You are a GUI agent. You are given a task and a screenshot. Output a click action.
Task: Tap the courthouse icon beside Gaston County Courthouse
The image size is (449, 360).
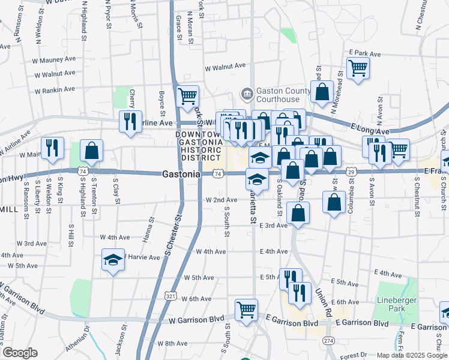[x=246, y=94]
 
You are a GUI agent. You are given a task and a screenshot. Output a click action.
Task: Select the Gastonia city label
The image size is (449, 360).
[x=181, y=174]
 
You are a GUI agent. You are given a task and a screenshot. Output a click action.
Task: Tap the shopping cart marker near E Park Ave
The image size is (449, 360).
[x=358, y=70]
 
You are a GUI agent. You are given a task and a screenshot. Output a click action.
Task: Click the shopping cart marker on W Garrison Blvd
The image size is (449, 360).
[x=246, y=310]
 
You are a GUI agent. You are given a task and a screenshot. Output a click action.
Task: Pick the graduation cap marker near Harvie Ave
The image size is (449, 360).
[x=113, y=260]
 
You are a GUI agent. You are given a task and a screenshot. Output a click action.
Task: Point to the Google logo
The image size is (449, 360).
[x=20, y=353]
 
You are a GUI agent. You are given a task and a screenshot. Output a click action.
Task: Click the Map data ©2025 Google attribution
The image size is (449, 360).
[x=411, y=355]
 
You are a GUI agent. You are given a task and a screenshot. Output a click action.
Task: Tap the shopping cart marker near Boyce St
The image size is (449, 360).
[x=188, y=96]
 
